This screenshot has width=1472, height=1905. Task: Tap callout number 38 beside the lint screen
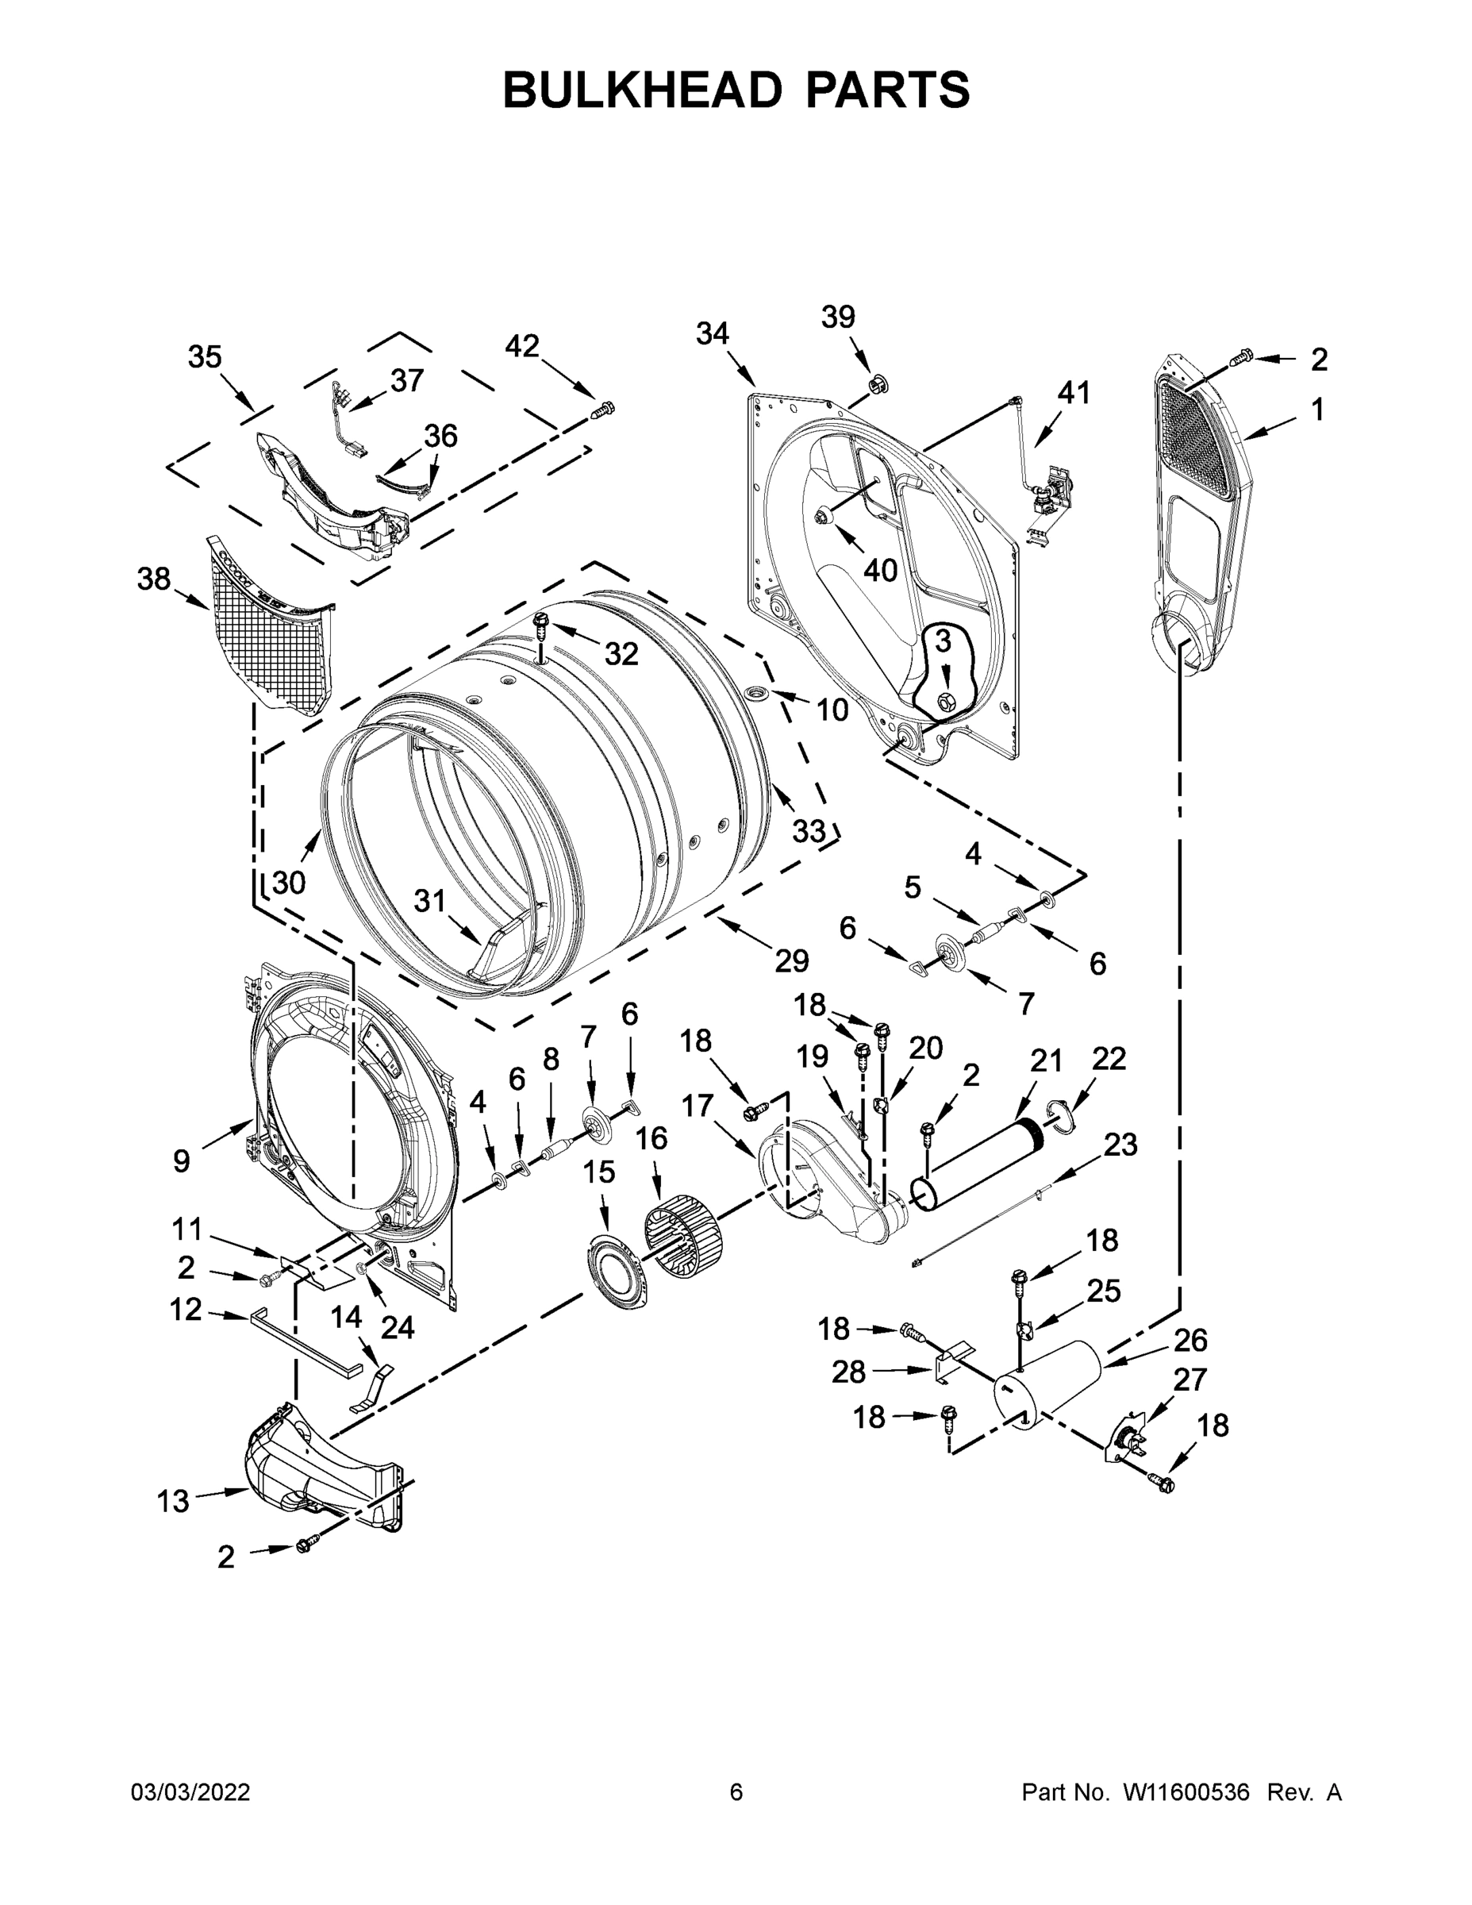click(155, 579)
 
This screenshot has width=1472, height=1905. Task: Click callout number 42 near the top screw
click(521, 346)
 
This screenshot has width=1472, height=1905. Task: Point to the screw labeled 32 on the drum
click(540, 623)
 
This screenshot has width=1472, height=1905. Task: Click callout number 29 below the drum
click(792, 960)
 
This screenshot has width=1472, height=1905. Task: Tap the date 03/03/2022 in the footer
click(190, 1792)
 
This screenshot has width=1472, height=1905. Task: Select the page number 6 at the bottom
click(736, 1792)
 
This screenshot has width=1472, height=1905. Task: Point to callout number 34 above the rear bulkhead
click(713, 333)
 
